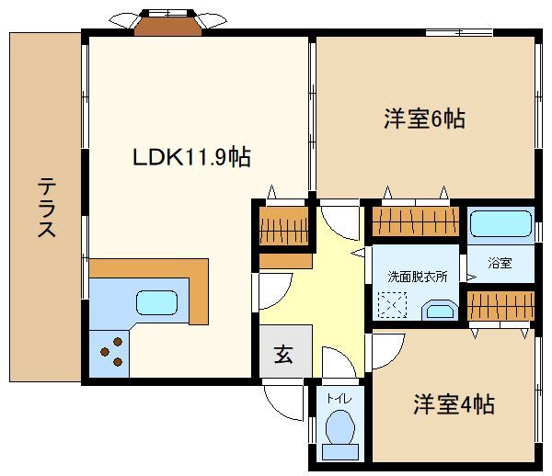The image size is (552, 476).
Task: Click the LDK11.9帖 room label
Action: (x=191, y=156)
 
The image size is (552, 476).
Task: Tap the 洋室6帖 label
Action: (x=423, y=119)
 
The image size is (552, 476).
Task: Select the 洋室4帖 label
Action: (x=454, y=403)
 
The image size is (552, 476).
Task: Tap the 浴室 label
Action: (x=500, y=264)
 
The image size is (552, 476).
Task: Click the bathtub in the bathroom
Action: (x=500, y=224)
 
